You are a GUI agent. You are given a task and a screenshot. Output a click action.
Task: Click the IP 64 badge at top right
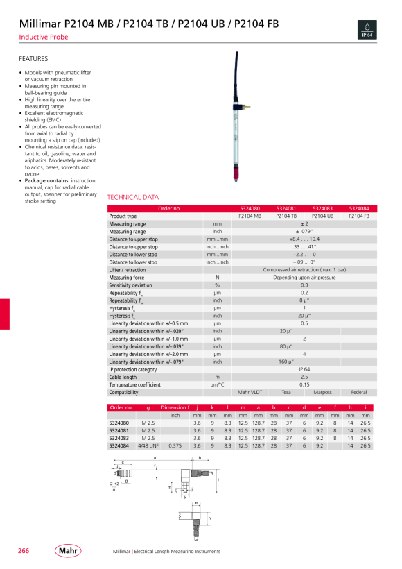click(367, 29)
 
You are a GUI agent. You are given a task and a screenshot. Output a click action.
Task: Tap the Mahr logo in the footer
click(67, 551)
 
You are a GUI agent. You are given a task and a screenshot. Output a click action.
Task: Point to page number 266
click(24, 551)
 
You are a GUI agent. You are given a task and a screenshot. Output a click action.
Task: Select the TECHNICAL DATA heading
click(133, 197)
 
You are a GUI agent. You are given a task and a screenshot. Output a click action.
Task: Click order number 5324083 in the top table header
click(322, 208)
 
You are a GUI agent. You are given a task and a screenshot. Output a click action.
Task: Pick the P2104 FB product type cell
click(358, 216)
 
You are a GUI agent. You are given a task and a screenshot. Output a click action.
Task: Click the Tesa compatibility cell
click(286, 393)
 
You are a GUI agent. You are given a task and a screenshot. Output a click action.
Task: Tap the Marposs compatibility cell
click(322, 393)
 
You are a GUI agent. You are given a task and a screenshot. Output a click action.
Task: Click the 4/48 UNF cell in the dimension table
click(148, 445)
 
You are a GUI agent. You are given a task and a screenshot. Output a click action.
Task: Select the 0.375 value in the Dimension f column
click(175, 445)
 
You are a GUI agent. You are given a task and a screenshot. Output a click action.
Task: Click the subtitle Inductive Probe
click(44, 37)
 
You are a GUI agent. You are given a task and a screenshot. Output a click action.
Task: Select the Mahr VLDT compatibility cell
click(250, 393)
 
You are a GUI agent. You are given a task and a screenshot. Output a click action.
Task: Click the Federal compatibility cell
click(358, 393)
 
